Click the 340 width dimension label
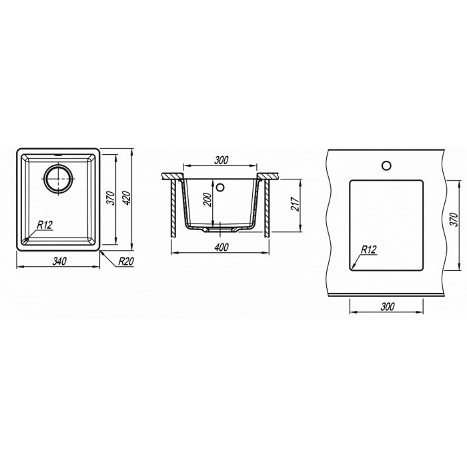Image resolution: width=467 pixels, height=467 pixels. (x=59, y=262)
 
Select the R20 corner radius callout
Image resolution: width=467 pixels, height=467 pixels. (x=126, y=262)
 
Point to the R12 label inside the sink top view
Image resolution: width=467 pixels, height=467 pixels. (x=45, y=225)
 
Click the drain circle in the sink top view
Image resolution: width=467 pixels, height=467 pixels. (x=59, y=179)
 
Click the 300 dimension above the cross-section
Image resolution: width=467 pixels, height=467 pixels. (x=221, y=160)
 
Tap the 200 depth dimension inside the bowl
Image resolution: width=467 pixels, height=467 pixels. (x=208, y=200)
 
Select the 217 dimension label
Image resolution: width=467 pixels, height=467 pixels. (x=295, y=203)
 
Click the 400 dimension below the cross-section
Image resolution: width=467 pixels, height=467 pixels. (x=221, y=248)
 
